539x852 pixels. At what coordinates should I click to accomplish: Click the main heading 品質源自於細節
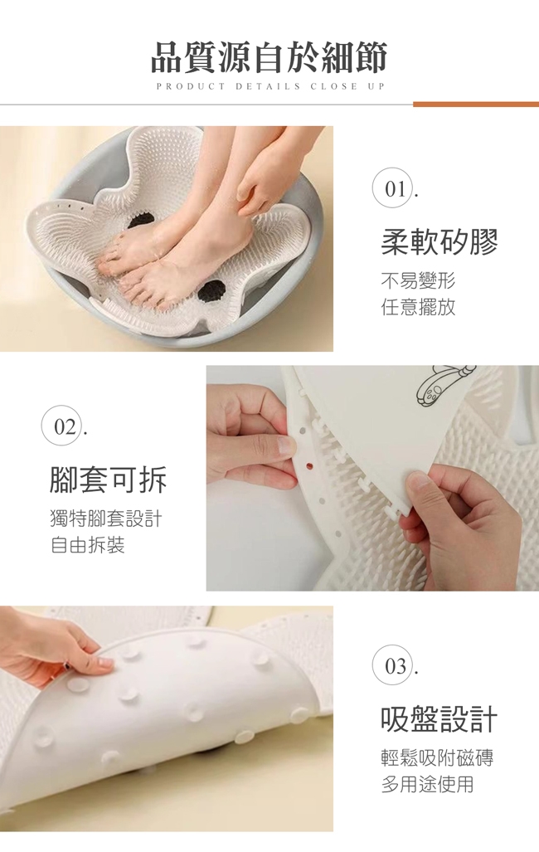click(269, 57)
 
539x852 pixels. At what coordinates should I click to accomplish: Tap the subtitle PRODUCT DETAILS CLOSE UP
click(270, 86)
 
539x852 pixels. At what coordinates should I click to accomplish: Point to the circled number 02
click(65, 427)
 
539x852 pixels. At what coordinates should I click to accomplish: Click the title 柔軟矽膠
click(439, 241)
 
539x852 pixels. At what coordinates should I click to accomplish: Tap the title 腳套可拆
click(108, 480)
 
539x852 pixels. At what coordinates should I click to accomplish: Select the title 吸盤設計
click(439, 718)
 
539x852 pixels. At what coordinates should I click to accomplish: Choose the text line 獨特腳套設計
click(106, 519)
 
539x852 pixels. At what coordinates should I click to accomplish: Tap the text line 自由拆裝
click(87, 545)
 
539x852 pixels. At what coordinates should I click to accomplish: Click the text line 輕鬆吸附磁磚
click(437, 757)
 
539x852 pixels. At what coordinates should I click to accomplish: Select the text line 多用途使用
click(428, 784)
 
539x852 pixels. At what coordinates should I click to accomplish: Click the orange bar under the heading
click(476, 104)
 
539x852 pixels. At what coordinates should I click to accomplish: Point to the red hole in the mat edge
click(309, 466)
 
